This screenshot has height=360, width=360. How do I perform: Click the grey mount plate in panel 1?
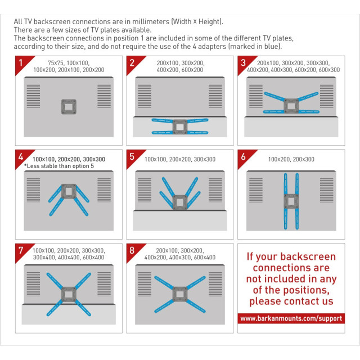point(69,106)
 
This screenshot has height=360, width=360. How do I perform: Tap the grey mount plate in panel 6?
point(291,201)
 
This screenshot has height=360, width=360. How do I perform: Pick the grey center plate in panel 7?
point(69,294)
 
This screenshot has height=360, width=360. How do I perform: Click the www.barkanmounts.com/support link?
point(291,318)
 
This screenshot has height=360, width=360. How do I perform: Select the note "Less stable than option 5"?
point(59,166)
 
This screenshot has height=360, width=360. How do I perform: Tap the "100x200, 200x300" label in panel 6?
point(291,159)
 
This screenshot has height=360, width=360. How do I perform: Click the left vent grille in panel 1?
point(33,96)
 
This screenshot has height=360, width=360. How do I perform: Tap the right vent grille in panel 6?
point(326,190)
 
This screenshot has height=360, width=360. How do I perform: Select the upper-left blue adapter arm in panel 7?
point(55,281)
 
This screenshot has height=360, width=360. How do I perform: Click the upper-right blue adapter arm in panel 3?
point(308,96)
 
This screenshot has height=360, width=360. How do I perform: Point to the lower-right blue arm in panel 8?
point(196,306)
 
